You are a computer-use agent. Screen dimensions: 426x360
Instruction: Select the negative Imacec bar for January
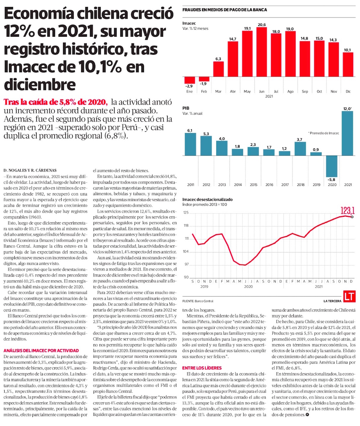[x=190, y=80]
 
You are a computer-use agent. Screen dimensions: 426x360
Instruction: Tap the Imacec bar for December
[x=348, y=64]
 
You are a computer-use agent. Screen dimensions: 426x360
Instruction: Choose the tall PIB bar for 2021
[x=347, y=133]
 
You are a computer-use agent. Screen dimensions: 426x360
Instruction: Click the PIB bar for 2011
[x=190, y=144]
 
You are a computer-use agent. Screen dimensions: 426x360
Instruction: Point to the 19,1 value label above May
[x=247, y=28]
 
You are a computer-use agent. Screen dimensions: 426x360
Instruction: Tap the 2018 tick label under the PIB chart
[x=300, y=185]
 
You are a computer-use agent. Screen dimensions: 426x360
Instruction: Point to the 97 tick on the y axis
[x=186, y=265]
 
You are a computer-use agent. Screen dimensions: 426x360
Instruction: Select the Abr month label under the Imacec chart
[x=233, y=91]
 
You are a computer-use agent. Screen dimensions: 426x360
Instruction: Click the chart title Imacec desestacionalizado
[x=207, y=199]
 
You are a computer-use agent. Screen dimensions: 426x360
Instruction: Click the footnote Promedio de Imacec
[x=323, y=133]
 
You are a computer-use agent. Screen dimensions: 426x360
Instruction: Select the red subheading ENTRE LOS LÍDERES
[x=202, y=368]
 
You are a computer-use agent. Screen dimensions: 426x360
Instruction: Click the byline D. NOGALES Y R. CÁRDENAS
[x=31, y=170]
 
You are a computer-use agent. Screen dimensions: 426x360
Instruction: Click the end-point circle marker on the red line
[x=352, y=217]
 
